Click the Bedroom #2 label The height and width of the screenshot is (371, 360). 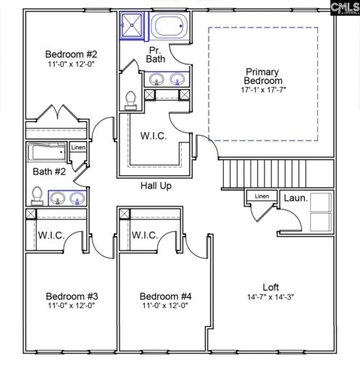(70, 54)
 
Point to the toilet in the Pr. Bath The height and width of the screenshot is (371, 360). (130, 99)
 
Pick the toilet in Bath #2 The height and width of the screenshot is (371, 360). (36, 196)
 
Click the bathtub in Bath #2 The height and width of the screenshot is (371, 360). (47, 153)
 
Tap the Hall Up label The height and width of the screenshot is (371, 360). (155, 186)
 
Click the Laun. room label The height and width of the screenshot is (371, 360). (295, 197)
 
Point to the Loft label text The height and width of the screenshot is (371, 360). (271, 287)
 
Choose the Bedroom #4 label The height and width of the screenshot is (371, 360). (165, 296)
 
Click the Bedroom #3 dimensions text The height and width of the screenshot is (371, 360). (71, 307)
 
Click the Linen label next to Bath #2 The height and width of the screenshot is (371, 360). (78, 148)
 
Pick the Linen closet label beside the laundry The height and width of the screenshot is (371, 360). (261, 196)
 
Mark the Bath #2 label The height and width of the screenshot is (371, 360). (49, 172)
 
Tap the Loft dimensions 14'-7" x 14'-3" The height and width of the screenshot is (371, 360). (270, 296)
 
